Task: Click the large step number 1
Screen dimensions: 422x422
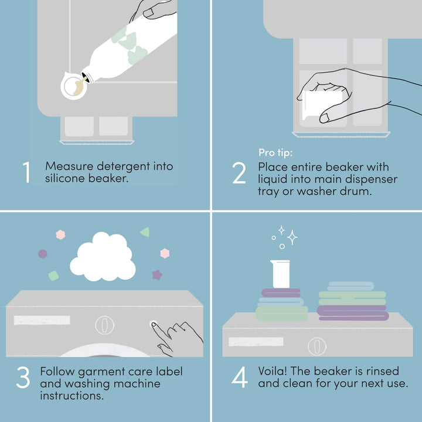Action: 26,172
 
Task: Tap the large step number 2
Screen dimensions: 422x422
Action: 239,173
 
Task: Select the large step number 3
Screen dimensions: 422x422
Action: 23,377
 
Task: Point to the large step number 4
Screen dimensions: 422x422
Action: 240,377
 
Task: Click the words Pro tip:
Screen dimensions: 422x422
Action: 275,152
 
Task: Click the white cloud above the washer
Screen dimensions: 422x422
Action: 103,257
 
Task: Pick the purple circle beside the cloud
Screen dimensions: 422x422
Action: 43,254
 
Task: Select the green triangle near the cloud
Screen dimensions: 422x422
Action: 145,232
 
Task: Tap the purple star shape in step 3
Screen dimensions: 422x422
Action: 157,275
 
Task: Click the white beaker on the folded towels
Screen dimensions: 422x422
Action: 280,274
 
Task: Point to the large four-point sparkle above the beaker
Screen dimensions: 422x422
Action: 292,237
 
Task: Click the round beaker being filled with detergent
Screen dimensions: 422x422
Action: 74,86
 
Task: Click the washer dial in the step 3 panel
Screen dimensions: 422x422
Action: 104,325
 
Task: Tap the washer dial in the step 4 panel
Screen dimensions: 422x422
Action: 317,346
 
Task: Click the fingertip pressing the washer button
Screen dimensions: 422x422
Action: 154,324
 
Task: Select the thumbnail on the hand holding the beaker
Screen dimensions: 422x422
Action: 324,118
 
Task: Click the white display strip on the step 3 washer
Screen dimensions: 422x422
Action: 42,320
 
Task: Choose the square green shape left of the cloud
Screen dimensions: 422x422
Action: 53,275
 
